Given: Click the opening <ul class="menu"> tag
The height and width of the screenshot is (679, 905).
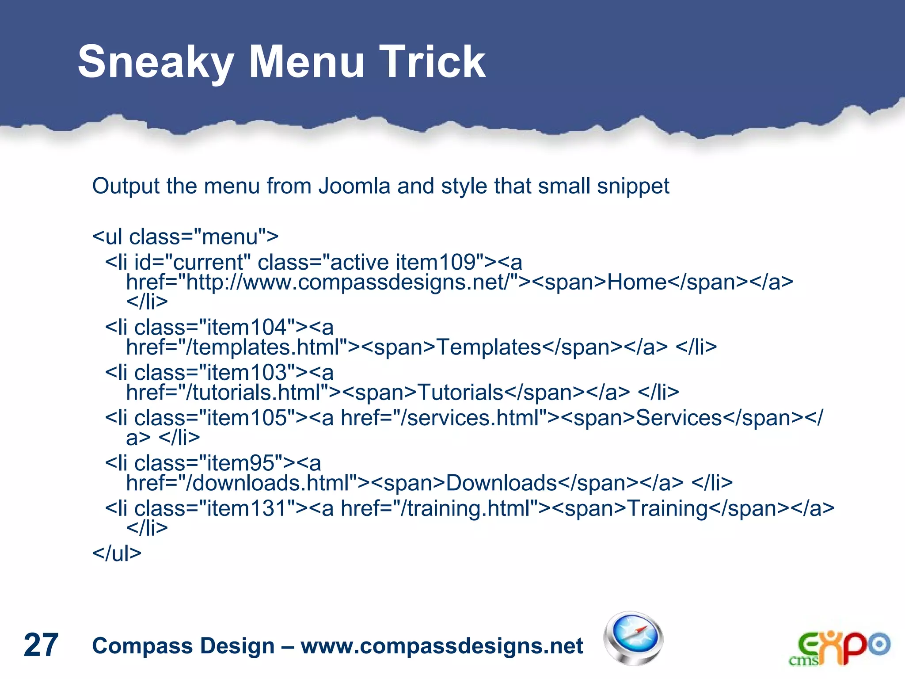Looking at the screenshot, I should coord(185,237).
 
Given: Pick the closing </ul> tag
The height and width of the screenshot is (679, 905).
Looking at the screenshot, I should coord(117,553).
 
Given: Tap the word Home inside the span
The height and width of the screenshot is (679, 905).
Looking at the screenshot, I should coord(637,282).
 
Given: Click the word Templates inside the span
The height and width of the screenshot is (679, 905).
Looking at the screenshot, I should coord(489,347).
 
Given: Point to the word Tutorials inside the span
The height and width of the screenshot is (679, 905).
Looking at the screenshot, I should coord(460,393).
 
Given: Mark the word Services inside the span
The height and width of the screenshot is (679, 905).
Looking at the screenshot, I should coord(679,418).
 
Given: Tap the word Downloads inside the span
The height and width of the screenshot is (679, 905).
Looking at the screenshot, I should coord(502,483).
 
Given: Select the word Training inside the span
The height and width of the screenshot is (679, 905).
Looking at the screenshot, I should coord(668,508).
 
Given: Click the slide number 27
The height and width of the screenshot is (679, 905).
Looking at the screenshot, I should coord(41,645).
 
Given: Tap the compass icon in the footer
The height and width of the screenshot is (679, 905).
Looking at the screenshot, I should coord(633,638).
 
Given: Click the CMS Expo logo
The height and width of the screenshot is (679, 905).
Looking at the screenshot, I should coord(839,648).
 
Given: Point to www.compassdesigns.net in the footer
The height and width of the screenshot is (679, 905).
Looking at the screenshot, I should coord(442,646).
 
